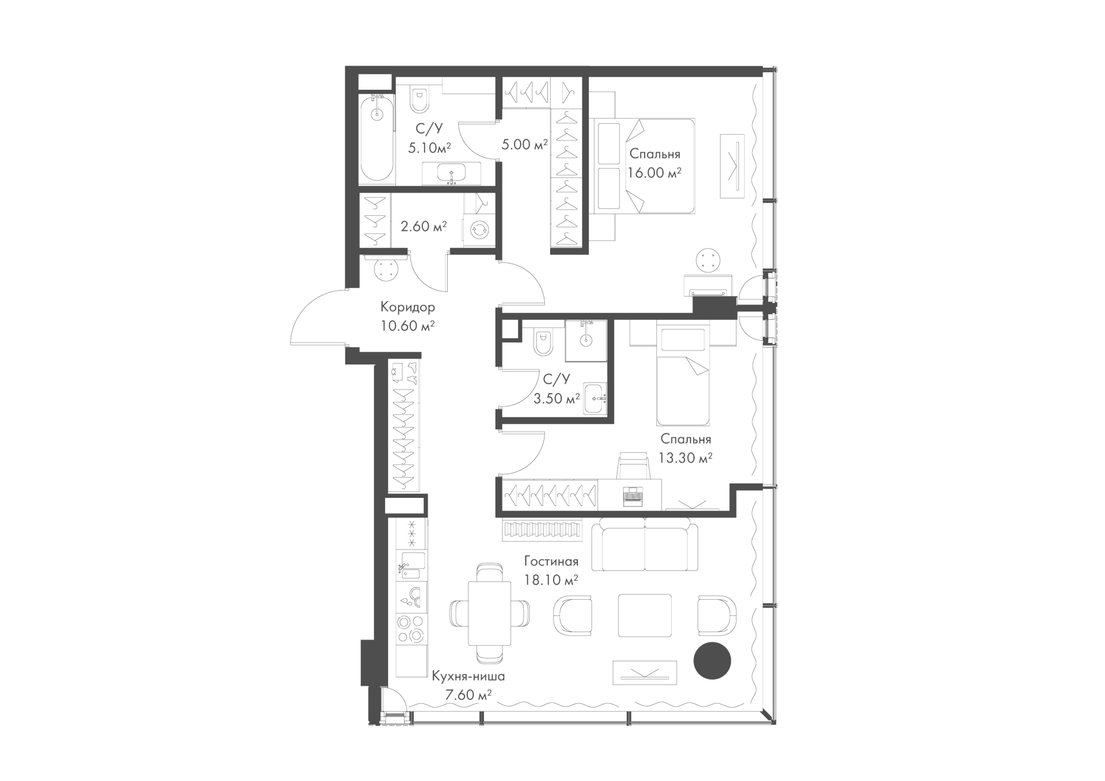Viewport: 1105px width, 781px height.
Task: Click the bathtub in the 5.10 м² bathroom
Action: (377, 139)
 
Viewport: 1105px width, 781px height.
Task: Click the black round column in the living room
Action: (712, 660)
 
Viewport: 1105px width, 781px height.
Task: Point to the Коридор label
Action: (407, 307)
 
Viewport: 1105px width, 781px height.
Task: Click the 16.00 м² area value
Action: (655, 173)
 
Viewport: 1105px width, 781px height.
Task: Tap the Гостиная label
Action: (551, 561)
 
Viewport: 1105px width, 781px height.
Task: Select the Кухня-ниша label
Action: (468, 677)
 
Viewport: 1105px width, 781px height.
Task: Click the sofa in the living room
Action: (645, 543)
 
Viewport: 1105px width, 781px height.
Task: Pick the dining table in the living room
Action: (489, 614)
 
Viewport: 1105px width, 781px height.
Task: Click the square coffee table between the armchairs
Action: (645, 615)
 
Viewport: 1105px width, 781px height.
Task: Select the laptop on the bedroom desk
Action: (631, 496)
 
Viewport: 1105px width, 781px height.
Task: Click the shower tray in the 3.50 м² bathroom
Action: (586, 341)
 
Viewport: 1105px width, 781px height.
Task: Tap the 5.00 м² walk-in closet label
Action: (524, 144)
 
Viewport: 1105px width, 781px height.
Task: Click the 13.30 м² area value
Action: (685, 458)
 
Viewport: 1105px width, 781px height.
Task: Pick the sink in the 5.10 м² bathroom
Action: (451, 173)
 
